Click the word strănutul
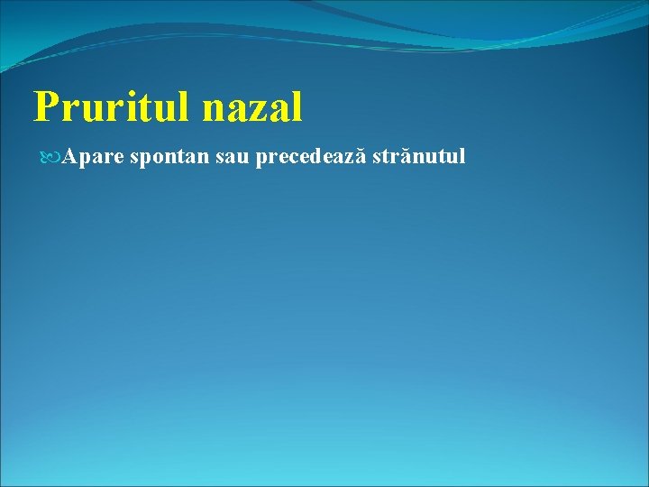[x=419, y=157]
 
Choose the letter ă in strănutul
[x=403, y=158]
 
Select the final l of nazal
[x=296, y=106]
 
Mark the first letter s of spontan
[x=134, y=158]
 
